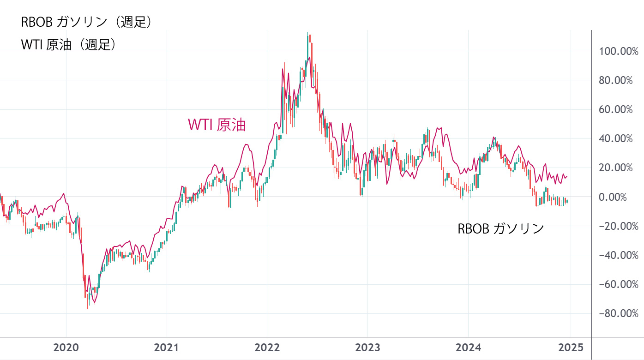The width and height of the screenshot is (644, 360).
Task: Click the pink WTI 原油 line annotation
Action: [x=217, y=125]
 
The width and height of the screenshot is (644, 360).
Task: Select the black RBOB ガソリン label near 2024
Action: [x=501, y=228]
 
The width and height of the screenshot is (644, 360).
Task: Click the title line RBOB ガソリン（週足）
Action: [x=86, y=22]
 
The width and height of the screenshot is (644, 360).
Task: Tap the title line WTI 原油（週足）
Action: [x=68, y=44]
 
